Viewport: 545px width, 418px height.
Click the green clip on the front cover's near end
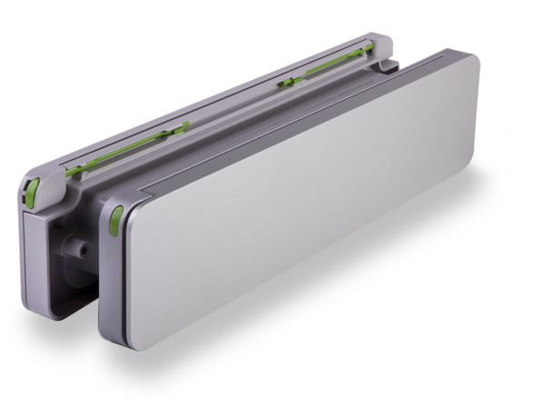[116, 220]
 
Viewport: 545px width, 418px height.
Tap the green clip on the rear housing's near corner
[31, 188]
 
